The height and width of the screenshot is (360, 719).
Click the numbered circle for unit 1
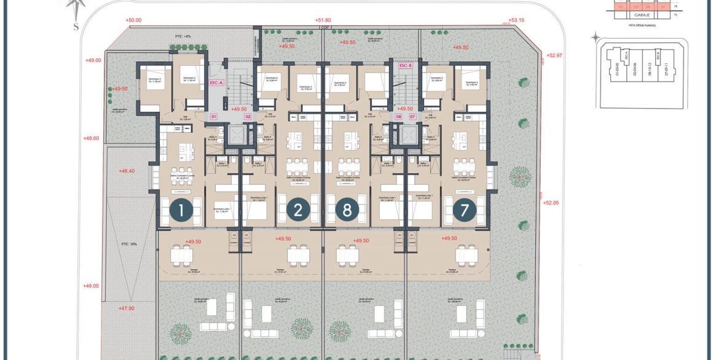tap(181, 210)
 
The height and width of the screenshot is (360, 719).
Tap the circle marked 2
tap(298, 210)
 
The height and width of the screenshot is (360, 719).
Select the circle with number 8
tap(347, 210)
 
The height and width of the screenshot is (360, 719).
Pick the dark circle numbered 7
tap(465, 210)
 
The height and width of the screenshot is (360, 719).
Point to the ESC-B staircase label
tap(405, 65)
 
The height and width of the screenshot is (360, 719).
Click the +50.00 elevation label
tap(133, 20)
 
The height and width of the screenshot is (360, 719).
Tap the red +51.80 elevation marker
tap(323, 20)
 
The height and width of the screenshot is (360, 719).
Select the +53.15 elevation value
tap(517, 20)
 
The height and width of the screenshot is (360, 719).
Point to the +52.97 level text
tap(555, 55)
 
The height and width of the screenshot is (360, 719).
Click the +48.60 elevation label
tap(91, 138)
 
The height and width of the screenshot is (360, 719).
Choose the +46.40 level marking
tap(128, 171)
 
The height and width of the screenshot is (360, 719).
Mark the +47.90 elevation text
tap(127, 308)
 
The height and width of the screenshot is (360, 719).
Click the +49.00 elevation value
tap(93, 60)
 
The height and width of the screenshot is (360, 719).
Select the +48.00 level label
tap(91, 286)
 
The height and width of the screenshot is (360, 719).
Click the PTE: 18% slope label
tap(130, 243)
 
